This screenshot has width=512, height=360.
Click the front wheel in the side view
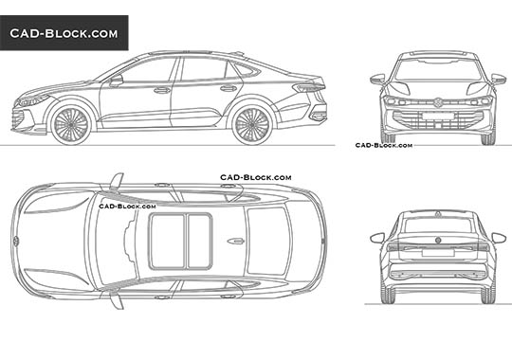(x=71, y=123)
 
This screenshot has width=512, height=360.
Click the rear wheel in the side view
(x=252, y=123)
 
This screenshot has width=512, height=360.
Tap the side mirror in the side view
(x=116, y=81)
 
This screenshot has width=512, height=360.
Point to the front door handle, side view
(x=162, y=91)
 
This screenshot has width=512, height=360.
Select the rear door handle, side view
(x=229, y=88)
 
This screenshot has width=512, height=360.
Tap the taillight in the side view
(x=308, y=89)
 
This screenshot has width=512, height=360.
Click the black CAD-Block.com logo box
(x=64, y=33)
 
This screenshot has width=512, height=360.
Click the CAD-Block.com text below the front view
(x=383, y=146)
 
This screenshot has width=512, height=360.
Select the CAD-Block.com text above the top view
(x=256, y=177)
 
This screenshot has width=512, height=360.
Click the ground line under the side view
(x=171, y=144)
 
